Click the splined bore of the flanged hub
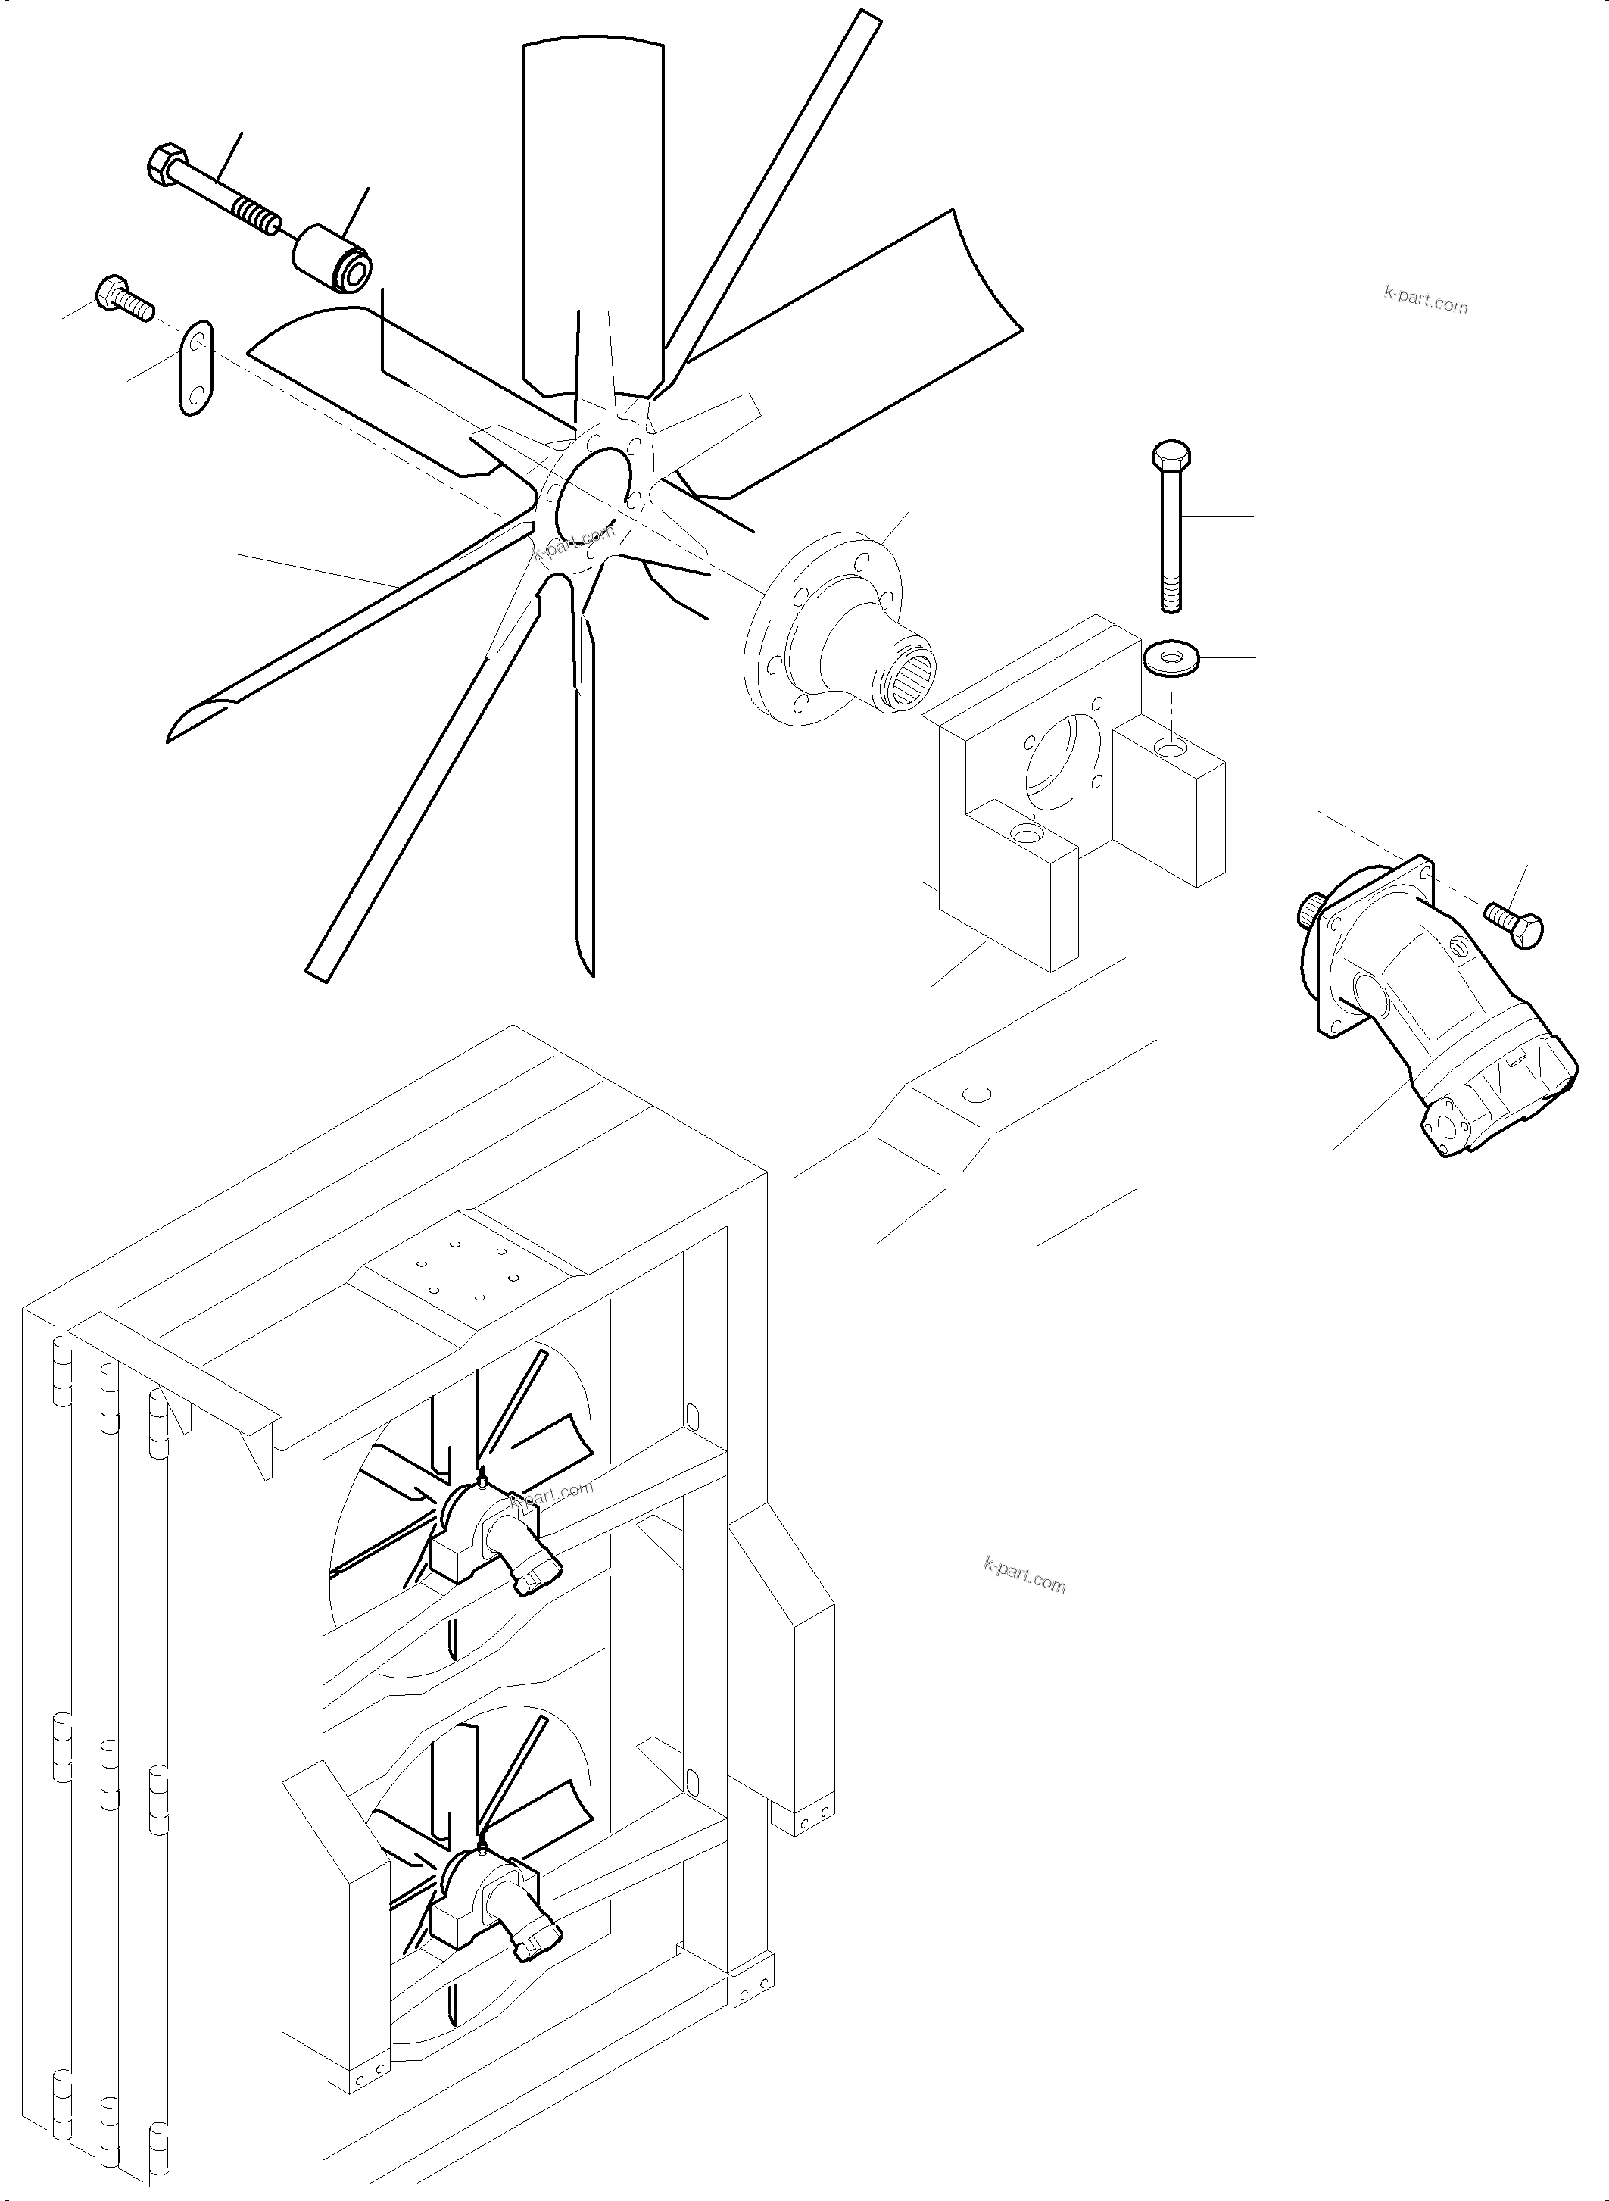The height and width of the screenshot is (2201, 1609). [909, 673]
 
